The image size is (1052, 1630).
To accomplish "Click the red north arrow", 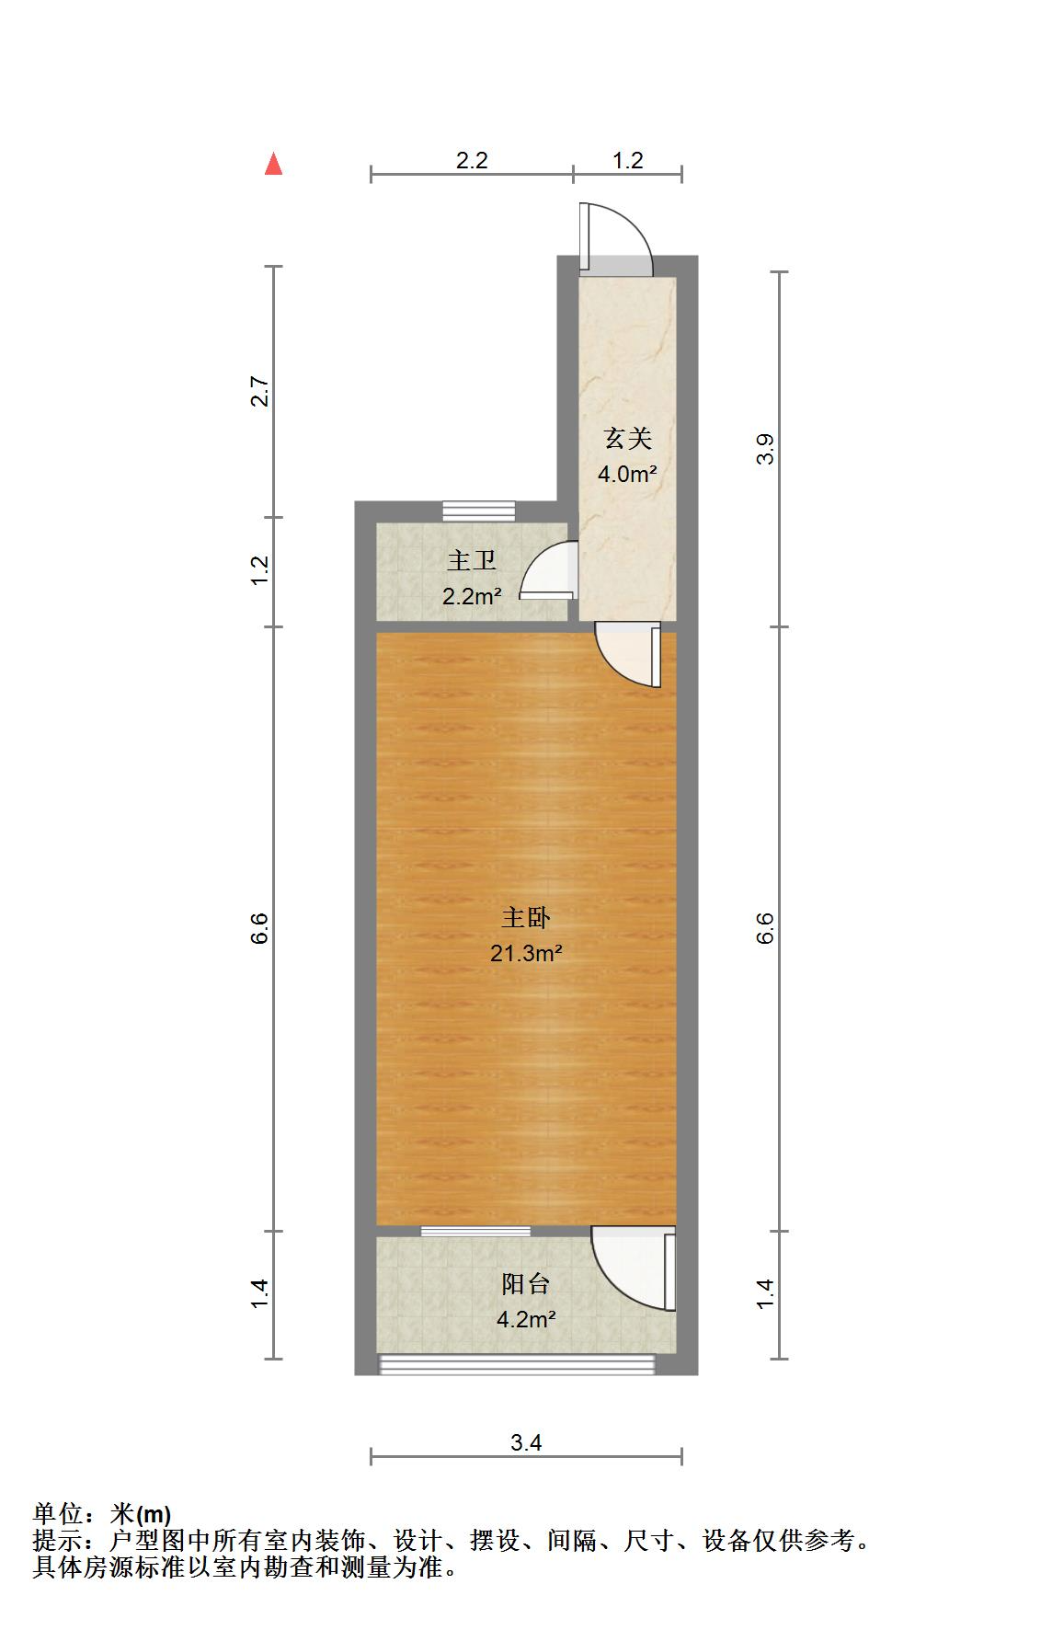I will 273,164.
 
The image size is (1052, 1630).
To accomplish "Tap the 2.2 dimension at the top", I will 472,160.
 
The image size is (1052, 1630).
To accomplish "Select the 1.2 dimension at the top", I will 628,160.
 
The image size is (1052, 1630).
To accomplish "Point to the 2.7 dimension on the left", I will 260,392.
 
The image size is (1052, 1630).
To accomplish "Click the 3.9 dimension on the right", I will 766,449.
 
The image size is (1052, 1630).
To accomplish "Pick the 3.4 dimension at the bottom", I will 526,1442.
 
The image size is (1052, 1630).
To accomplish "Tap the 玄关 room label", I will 628,439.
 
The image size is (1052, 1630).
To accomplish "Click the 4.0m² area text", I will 627,475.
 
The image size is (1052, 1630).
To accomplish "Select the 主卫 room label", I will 472,560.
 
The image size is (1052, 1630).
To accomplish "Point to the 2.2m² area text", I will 472,596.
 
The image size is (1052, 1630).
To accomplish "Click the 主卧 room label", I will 526,917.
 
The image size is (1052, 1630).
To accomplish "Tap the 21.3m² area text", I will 526,953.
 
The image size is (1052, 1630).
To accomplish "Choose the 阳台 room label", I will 526,1284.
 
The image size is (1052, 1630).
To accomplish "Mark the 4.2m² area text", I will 526,1320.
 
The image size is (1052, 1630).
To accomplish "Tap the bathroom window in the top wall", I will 478,511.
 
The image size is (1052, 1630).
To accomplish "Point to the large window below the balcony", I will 517,1364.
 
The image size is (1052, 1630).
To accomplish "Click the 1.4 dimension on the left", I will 260,1294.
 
